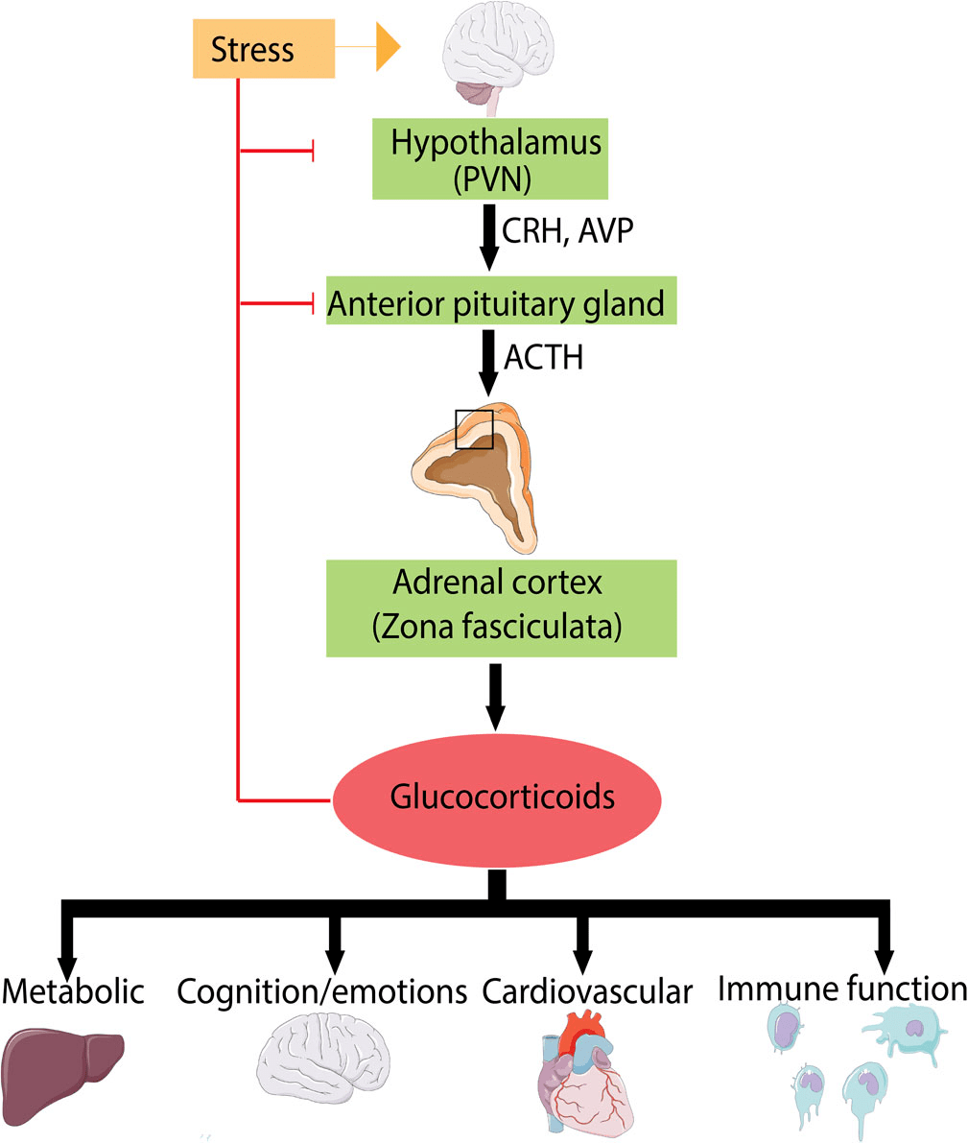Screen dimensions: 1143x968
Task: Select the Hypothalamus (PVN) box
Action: pos(495,159)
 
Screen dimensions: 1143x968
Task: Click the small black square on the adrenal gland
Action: pos(474,428)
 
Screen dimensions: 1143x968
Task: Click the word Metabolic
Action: pos(73,990)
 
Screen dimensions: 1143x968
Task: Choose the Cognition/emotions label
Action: pos(322,991)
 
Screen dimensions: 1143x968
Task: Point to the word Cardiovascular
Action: pos(587,991)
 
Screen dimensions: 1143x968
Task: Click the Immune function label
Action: pos(842,988)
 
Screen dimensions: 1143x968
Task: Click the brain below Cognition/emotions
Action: pos(323,1064)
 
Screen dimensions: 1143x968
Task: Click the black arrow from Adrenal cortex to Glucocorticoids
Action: pos(495,693)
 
